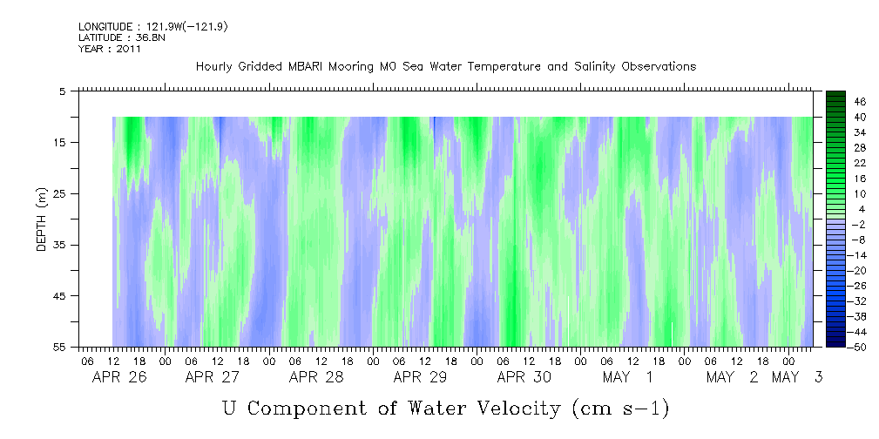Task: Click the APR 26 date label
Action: pos(119,377)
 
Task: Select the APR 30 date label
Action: pos(524,377)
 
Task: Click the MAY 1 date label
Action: pos(628,377)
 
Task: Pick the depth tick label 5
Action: pos(62,91)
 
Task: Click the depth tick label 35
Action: pos(59,245)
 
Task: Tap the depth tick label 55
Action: pos(59,347)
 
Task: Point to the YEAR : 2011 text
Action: pos(110,49)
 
